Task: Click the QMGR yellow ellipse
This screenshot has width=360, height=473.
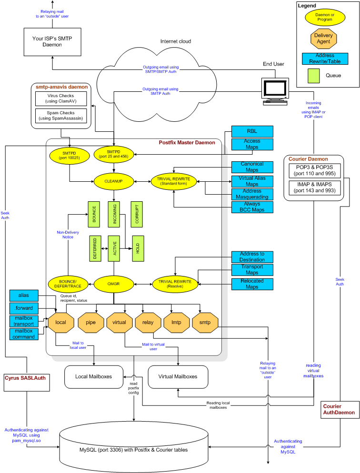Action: click(113, 284)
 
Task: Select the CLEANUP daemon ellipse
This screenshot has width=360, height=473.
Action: click(113, 181)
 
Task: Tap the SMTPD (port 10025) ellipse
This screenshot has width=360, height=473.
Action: click(69, 155)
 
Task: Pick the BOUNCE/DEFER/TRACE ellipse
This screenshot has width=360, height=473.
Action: click(68, 284)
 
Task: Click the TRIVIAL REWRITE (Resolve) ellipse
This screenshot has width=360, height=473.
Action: click(175, 284)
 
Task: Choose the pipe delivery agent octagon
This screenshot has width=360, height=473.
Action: click(90, 323)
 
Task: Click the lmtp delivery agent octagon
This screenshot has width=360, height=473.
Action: click(177, 323)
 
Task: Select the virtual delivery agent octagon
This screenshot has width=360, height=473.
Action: click(119, 323)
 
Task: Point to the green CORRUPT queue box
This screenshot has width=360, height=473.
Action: click(137, 214)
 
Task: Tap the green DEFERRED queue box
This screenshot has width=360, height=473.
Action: click(95, 248)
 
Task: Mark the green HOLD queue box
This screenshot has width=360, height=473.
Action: click(138, 248)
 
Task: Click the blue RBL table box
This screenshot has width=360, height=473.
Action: click(252, 131)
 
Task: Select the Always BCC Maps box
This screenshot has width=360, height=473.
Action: click(252, 207)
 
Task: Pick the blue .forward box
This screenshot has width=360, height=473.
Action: click(24, 308)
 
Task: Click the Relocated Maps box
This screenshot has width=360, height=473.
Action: click(252, 284)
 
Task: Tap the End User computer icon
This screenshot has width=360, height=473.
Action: click(275, 91)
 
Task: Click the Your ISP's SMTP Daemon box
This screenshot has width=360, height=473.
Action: click(52, 42)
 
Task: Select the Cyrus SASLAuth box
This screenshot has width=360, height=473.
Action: click(27, 382)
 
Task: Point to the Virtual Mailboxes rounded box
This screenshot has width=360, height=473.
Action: click(178, 377)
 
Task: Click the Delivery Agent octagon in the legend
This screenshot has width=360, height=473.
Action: click(323, 39)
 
